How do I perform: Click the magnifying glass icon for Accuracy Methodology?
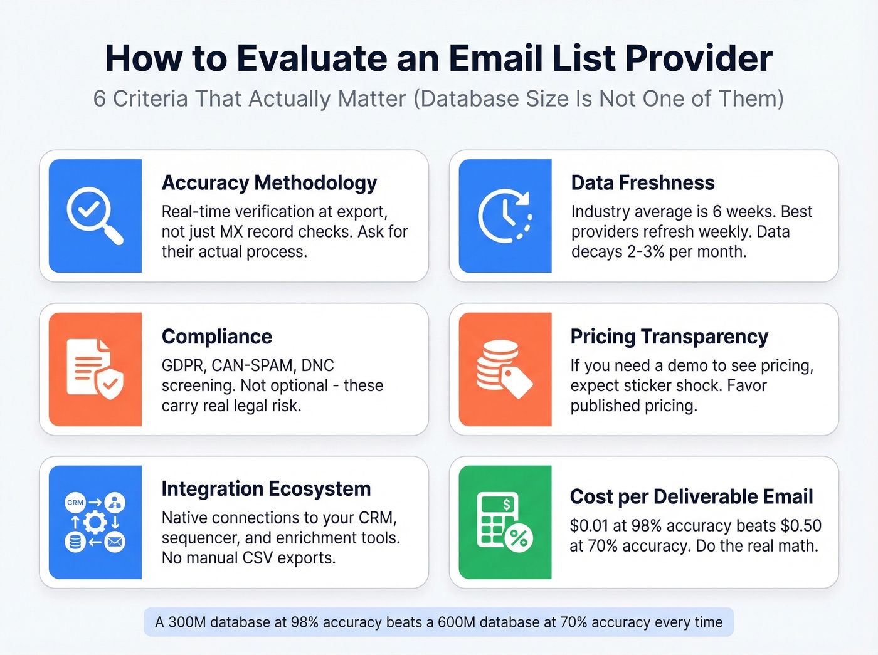point(95,216)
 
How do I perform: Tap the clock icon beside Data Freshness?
point(505,216)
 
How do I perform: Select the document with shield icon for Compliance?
point(95,369)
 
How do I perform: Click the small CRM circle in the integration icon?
point(75,503)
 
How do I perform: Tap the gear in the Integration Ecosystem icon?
point(95,521)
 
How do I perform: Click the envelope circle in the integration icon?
point(115,542)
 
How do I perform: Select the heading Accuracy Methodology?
point(269,182)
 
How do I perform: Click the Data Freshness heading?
point(642,182)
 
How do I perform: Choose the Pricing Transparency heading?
point(669,337)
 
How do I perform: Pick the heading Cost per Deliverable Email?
point(691,496)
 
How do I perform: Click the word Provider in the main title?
point(699,58)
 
